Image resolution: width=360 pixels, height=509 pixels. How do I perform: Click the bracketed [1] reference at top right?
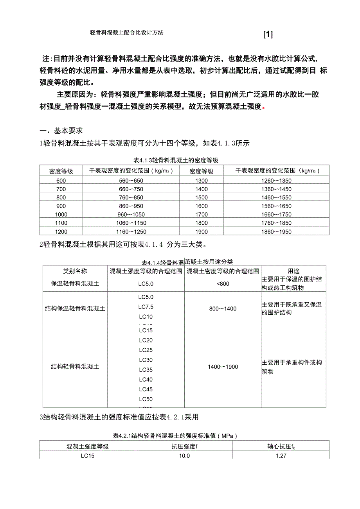tap(268, 35)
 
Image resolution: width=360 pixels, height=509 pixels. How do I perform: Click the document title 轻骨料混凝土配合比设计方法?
tap(126, 32)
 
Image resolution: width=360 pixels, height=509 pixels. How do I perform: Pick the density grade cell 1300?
tap(201, 180)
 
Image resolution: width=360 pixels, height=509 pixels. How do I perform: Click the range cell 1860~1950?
tap(276, 232)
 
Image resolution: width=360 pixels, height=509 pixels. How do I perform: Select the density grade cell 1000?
tap(61, 214)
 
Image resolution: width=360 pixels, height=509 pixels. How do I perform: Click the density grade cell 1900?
tap(201, 232)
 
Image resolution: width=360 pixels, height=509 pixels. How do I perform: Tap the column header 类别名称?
tap(75, 271)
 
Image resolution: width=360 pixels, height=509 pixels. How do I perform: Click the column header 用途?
tap(293, 271)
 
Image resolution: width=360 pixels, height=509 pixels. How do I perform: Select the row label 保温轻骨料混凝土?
tap(75, 283)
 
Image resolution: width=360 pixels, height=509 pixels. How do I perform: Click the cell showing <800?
tap(223, 283)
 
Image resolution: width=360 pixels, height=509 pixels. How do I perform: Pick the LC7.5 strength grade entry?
tap(146, 306)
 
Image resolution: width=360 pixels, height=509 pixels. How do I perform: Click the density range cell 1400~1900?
tap(223, 367)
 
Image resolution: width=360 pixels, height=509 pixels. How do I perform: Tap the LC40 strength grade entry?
tap(146, 379)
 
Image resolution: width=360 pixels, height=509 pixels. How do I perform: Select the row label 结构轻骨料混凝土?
tap(75, 367)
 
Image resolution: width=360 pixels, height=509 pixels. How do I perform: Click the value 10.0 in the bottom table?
tap(184, 455)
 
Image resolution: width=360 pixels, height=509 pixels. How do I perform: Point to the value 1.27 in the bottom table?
tap(281, 455)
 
